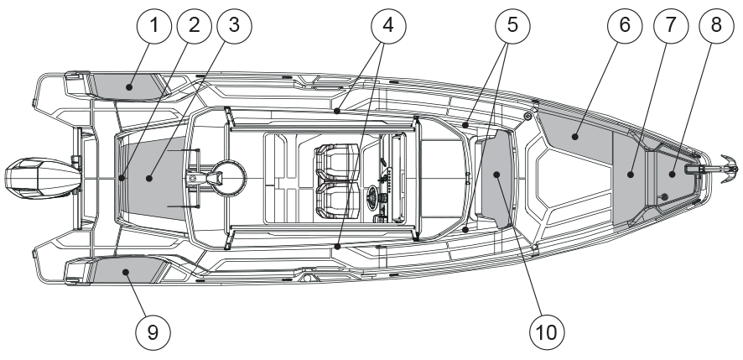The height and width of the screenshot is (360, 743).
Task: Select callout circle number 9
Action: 153,331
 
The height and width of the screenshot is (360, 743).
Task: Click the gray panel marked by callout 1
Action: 126,85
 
